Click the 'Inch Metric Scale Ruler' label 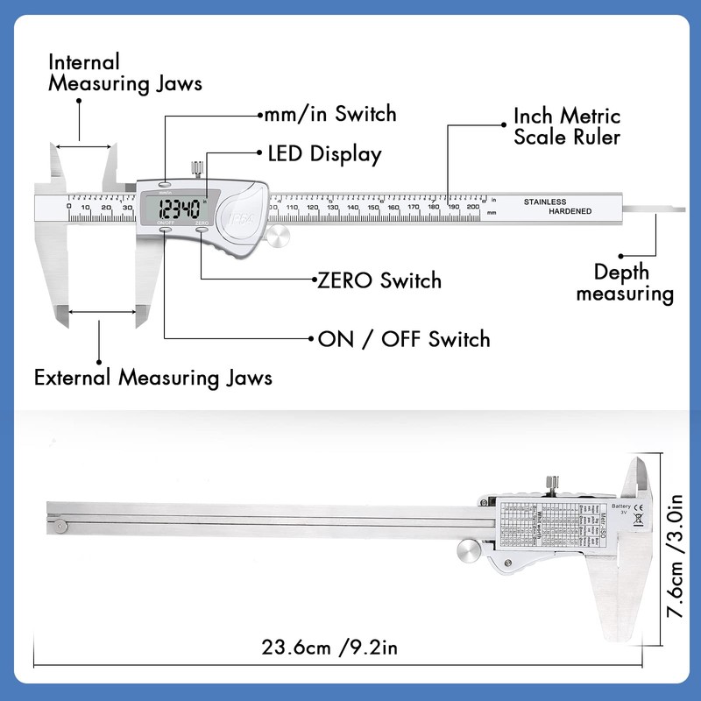[567, 126]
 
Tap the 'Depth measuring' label [625, 282]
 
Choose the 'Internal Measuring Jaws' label [125, 73]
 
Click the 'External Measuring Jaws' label [152, 378]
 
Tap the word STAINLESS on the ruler [545, 202]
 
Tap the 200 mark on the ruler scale [473, 208]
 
